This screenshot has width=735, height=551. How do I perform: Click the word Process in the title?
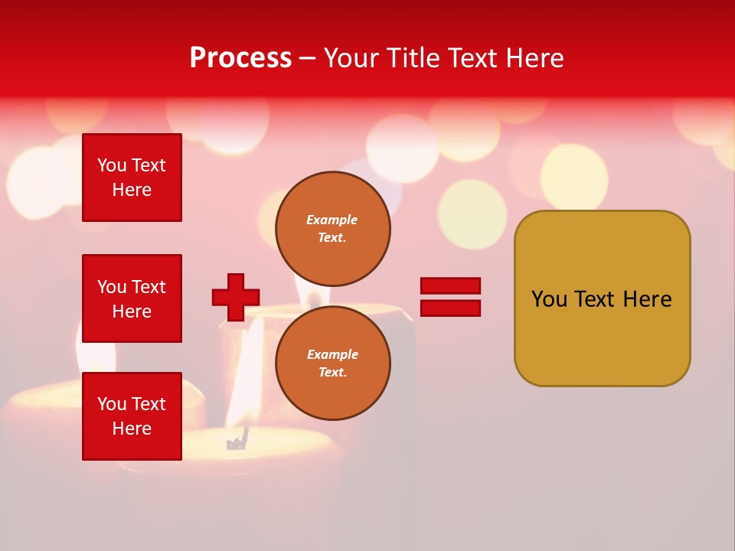click(240, 58)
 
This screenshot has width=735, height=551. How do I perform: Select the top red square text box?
click(132, 178)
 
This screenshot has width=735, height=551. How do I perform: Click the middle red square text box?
click(132, 298)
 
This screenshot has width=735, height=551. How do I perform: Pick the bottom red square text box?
click(132, 416)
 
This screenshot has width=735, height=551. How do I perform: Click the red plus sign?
click(236, 297)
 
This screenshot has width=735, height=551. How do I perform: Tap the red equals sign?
click(451, 297)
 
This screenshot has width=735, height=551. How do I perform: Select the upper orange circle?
click(333, 228)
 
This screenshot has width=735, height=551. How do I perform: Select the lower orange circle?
click(333, 363)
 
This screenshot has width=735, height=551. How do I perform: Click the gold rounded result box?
click(602, 298)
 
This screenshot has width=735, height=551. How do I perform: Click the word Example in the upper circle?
click(332, 220)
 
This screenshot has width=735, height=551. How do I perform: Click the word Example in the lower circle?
click(332, 354)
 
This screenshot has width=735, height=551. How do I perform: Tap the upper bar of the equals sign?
click(451, 286)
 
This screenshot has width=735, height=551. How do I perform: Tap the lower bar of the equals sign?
click(451, 308)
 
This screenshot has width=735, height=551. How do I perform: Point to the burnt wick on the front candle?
click(238, 441)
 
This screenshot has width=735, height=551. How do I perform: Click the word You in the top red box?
click(112, 165)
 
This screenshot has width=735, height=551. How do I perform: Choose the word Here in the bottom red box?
click(132, 429)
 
